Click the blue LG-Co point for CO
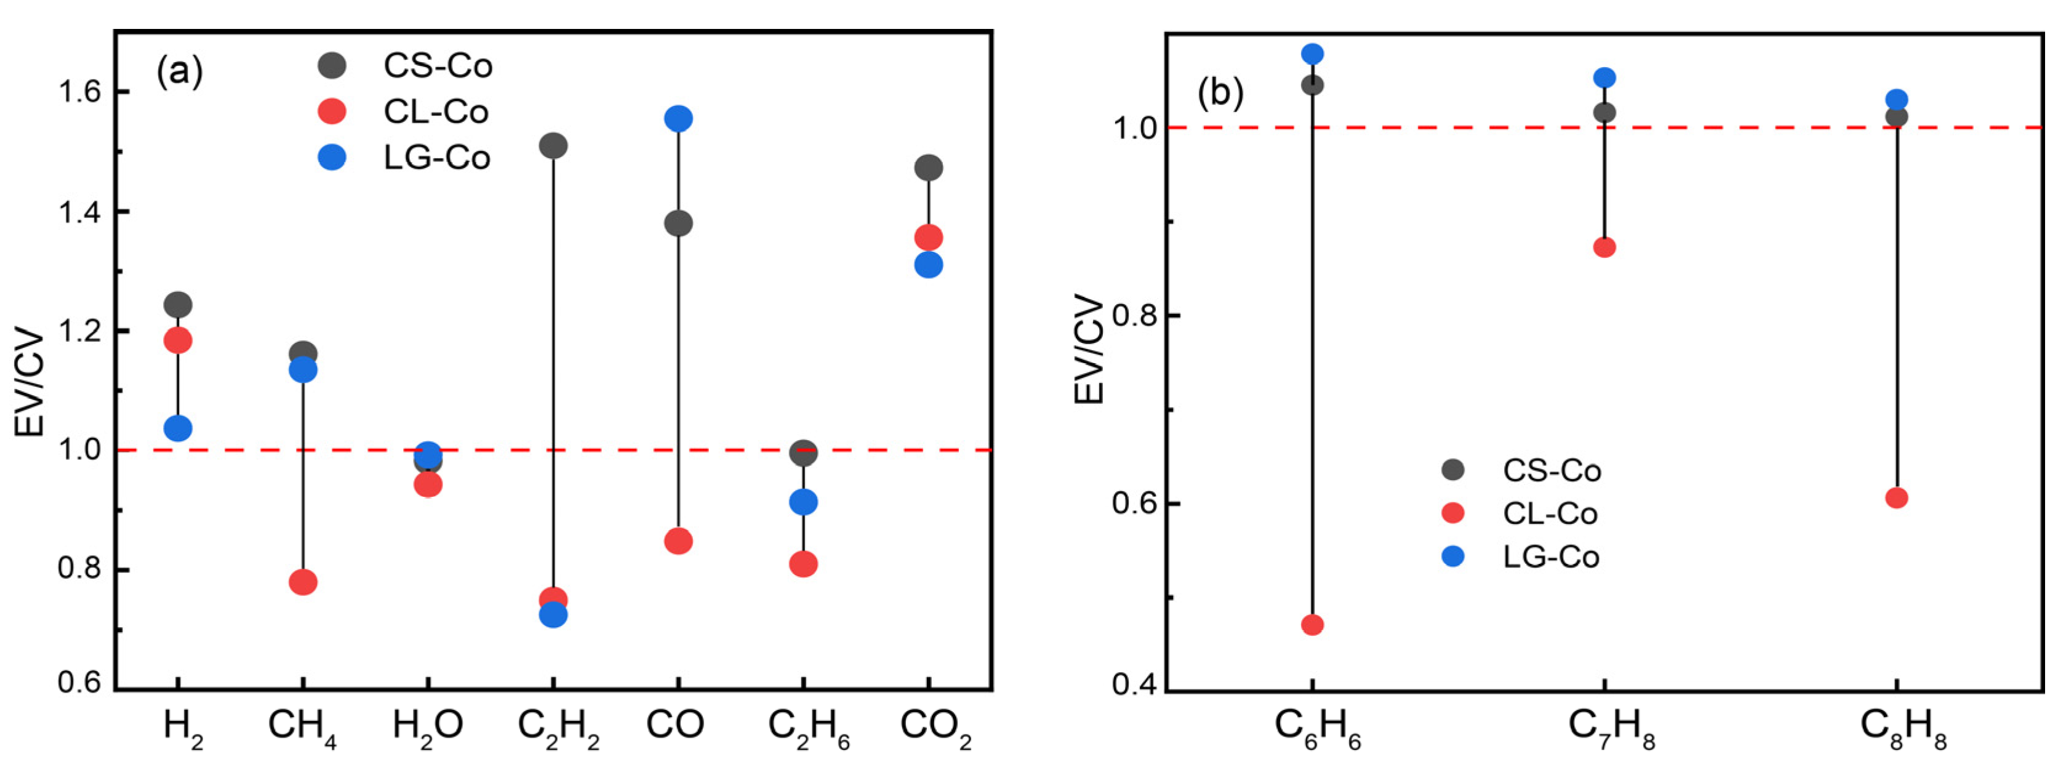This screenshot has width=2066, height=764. tap(678, 119)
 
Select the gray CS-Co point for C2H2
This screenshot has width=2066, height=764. tap(553, 146)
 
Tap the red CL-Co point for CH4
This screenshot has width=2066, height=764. tap(302, 582)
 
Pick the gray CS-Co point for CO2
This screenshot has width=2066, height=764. tap(929, 167)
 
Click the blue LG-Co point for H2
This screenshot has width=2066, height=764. tap(177, 428)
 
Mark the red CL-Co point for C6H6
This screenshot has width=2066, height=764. tap(1312, 624)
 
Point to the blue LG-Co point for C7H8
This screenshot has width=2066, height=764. tap(1605, 78)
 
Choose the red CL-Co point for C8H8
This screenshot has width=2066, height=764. tap(1897, 497)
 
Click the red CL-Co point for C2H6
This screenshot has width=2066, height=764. tap(804, 564)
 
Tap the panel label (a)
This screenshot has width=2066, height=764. tap(180, 72)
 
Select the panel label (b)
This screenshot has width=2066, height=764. tap(1220, 93)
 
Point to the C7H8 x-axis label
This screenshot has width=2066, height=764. tap(1611, 728)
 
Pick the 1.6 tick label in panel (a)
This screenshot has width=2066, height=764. tap(79, 92)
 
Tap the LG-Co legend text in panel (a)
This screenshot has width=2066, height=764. tap(437, 158)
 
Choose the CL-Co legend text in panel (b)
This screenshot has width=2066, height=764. tap(1550, 513)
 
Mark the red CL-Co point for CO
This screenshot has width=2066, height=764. tap(678, 541)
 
